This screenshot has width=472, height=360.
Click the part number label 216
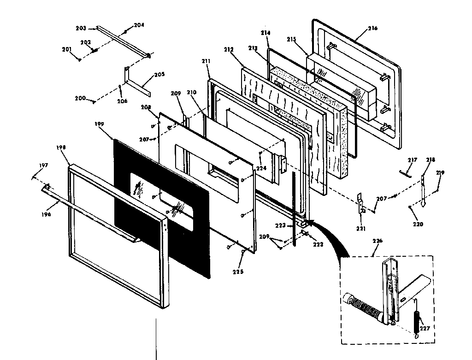pos(372,29)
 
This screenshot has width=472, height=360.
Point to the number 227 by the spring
pos(425,329)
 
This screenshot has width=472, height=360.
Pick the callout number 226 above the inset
pos(378,241)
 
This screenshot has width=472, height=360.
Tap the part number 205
pos(159,74)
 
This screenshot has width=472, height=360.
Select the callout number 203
pos(81,28)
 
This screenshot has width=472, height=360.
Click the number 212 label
pos(229,49)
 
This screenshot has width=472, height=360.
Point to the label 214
pos(265,33)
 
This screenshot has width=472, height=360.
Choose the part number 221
pos(361,228)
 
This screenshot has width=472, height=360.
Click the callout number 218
pos(431,160)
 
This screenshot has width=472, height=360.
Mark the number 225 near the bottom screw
pos(238,271)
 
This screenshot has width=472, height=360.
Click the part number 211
pos(206,60)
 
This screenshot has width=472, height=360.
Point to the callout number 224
pos(261,168)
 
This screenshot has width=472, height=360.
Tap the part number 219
pos(440,173)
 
